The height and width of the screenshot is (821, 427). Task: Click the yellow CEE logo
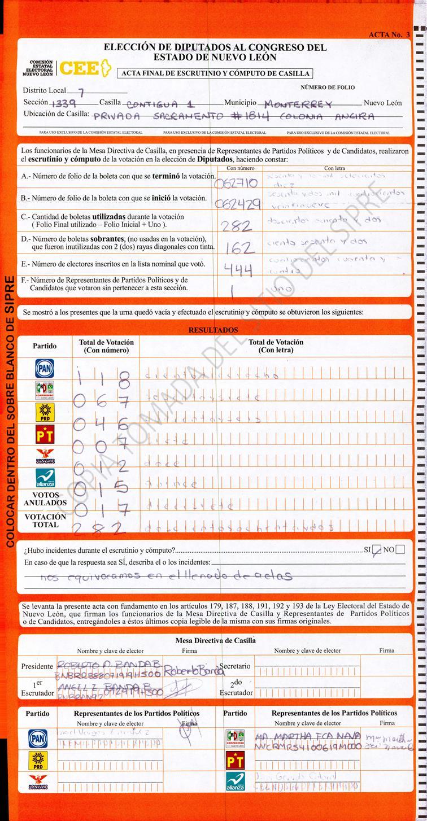(x=83, y=68)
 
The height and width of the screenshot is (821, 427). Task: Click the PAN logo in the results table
(x=45, y=369)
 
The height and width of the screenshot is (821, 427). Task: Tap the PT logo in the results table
(x=45, y=434)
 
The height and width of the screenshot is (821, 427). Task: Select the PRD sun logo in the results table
(x=45, y=412)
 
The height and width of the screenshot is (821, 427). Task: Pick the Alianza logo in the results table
(x=45, y=478)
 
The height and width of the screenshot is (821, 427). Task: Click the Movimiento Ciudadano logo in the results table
(x=45, y=456)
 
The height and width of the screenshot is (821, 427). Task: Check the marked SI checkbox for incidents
(x=378, y=549)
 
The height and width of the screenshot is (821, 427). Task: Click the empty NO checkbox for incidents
(x=400, y=549)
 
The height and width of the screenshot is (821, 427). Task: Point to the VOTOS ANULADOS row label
(x=45, y=499)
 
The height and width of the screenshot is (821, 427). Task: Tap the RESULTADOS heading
(x=213, y=330)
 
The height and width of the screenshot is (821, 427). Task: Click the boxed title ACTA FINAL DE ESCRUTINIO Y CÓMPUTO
(x=214, y=73)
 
